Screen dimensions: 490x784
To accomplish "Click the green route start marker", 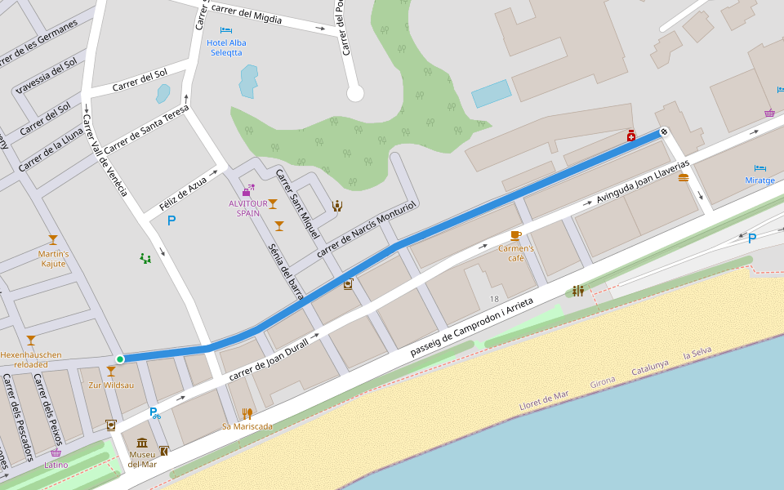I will tap(120, 359).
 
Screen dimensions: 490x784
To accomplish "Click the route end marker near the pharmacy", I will tap(664, 131).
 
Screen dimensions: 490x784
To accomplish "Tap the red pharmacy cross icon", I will tap(630, 136).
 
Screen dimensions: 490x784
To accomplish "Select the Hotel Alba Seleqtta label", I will tap(227, 47).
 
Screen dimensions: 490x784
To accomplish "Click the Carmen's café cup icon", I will tap(515, 235).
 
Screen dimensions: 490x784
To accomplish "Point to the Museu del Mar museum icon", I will tap(142, 443).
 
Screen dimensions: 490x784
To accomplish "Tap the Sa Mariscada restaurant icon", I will tap(247, 413).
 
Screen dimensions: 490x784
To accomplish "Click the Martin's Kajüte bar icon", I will tap(53, 240).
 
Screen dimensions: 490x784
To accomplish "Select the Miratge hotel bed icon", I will tap(760, 167).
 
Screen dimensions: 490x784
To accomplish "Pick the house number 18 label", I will tap(494, 300).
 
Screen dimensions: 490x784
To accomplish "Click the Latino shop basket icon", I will tap(56, 452).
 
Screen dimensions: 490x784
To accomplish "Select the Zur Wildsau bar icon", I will tap(111, 372).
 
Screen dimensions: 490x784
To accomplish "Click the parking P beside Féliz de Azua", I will tap(171, 220).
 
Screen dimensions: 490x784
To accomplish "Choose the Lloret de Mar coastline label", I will tap(544, 400).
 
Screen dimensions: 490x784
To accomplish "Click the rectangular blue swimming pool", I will tap(491, 93).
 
